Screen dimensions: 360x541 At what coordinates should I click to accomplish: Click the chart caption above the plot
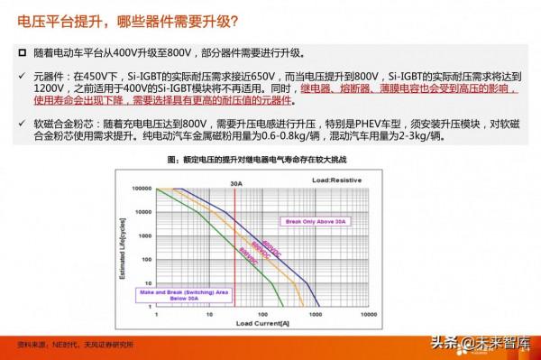268,160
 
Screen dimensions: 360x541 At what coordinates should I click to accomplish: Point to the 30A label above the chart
236,183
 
